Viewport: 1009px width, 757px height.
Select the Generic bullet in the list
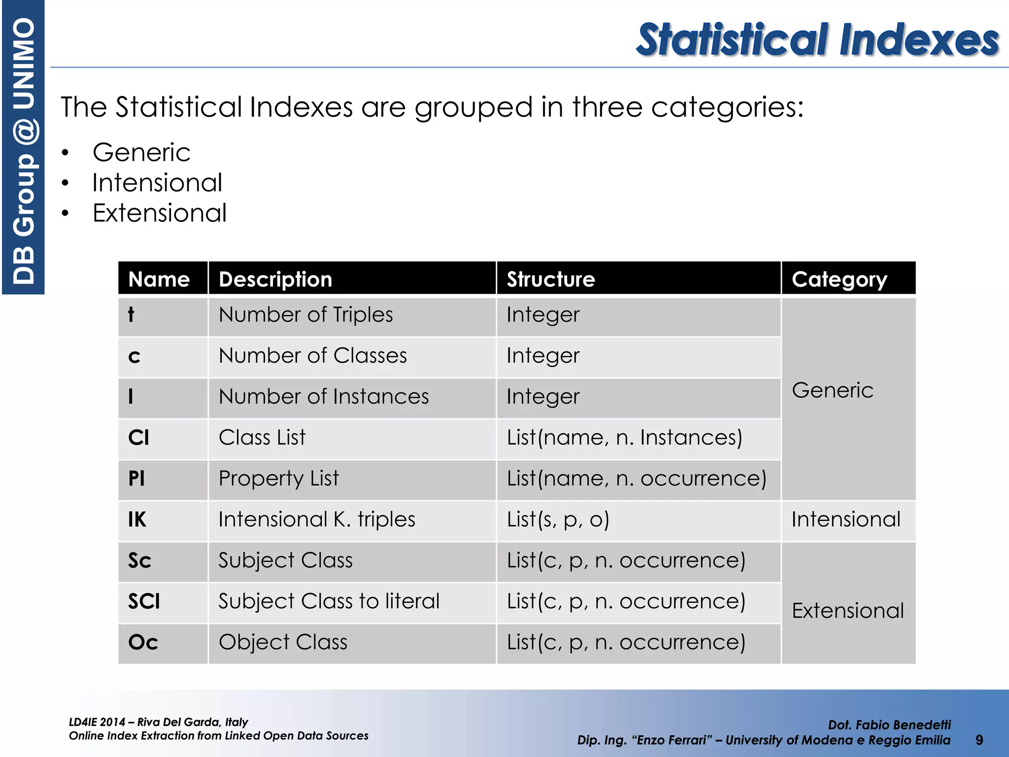click(x=141, y=152)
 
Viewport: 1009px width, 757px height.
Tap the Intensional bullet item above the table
click(x=157, y=183)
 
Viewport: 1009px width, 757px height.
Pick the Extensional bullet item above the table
click(x=160, y=213)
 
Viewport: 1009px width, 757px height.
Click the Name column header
click(x=159, y=279)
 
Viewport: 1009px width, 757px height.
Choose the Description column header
click(x=275, y=279)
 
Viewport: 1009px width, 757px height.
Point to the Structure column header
click(x=551, y=279)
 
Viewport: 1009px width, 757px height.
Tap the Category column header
click(x=839, y=279)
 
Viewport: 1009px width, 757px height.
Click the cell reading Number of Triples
click(x=305, y=315)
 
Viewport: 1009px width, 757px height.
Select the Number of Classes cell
click(x=313, y=356)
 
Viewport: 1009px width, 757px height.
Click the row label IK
click(x=137, y=519)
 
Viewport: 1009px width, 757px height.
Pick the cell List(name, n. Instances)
click(x=624, y=438)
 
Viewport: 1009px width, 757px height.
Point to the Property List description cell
click(x=278, y=479)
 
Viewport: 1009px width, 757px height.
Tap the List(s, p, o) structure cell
click(x=558, y=519)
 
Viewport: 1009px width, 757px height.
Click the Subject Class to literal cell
click(x=329, y=601)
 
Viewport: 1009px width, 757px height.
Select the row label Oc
click(x=143, y=642)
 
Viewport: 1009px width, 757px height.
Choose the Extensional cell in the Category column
click(x=847, y=611)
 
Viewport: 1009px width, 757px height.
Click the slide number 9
click(x=979, y=740)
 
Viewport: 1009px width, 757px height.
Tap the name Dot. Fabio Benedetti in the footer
click(x=889, y=724)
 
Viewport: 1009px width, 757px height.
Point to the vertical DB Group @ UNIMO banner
click(x=23, y=148)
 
